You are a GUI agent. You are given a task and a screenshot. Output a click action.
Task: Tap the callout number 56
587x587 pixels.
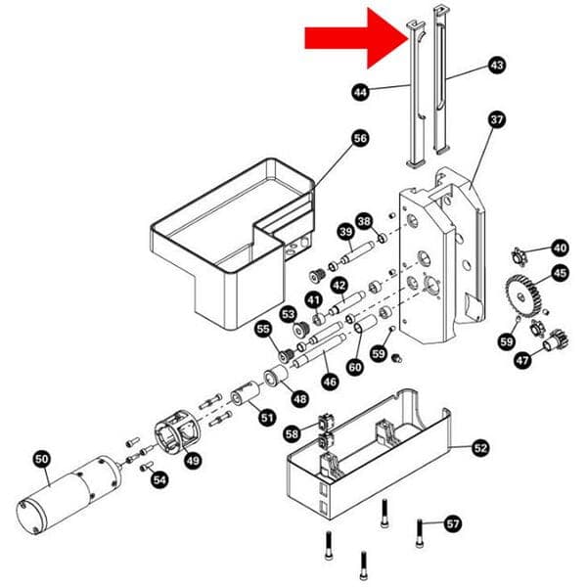pos(359,139)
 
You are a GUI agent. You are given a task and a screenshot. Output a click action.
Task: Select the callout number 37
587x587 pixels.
pos(496,120)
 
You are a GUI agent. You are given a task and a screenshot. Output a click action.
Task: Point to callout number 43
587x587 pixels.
pos(496,65)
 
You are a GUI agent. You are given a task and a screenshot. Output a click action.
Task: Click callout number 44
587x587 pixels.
pos(360,92)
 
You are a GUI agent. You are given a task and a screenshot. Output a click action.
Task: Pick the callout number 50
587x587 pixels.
pos(41,458)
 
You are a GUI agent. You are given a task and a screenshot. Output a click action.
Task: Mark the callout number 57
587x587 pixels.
pos(452,522)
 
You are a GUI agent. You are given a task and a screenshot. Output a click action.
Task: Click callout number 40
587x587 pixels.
pos(559,248)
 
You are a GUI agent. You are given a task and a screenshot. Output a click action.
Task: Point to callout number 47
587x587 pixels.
pos(522,360)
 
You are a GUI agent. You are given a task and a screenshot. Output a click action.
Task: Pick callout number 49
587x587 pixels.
pos(193,461)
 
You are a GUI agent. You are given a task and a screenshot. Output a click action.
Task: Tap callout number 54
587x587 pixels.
pos(159,479)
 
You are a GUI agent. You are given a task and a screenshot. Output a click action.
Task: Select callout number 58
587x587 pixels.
pos(292,432)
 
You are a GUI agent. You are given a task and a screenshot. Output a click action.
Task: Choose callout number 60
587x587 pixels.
pos(354,366)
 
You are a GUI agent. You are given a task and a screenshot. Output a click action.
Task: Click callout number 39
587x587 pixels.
pos(344,232)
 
